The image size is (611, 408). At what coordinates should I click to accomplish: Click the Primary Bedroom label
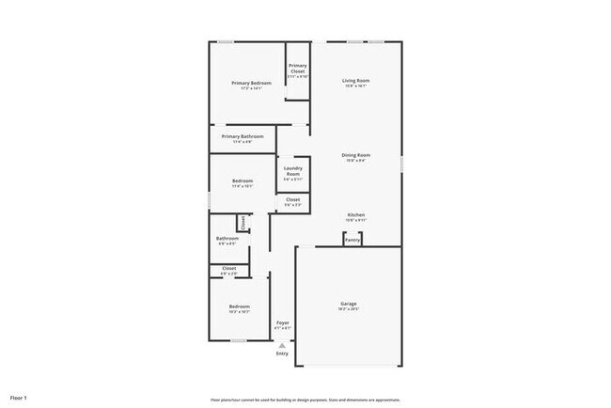[x=251, y=83]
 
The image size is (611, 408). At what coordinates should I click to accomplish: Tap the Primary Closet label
[x=297, y=68]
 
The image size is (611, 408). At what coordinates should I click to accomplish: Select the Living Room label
[x=355, y=80]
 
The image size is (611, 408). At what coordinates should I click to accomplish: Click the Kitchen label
[x=355, y=214]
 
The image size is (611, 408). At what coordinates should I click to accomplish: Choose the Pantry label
[x=352, y=240]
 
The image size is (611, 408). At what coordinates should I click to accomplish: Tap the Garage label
[x=348, y=303]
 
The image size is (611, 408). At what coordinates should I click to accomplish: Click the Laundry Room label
[x=292, y=171]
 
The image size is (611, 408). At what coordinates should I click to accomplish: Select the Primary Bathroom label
[x=243, y=136]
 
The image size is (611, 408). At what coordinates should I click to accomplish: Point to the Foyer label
[x=282, y=322]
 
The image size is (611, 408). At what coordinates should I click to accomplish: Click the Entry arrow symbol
[x=281, y=345]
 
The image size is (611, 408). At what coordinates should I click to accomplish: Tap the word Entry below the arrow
[x=281, y=353]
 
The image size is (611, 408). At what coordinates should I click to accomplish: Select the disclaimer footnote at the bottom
[x=305, y=400]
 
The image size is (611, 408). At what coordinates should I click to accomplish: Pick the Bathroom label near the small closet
[x=227, y=238]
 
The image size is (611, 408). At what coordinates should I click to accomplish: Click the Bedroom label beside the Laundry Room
[x=243, y=180]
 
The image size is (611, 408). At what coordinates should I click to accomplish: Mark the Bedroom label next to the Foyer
[x=239, y=306]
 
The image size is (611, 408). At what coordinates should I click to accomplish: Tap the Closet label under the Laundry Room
[x=292, y=199]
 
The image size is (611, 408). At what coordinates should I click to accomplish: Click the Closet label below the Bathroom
[x=228, y=268]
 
